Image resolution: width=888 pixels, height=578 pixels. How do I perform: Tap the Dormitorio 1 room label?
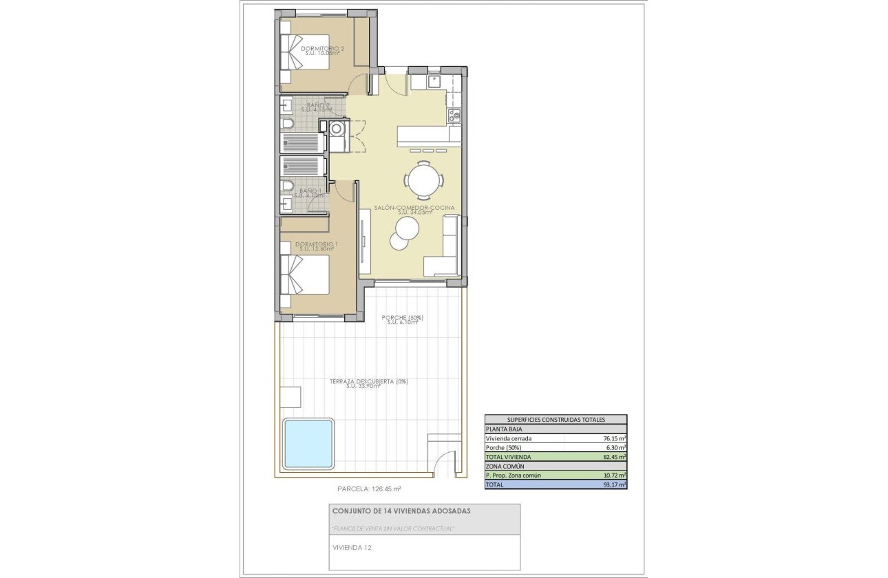[x=316, y=245]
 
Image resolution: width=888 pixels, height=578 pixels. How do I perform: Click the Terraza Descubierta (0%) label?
[x=368, y=381]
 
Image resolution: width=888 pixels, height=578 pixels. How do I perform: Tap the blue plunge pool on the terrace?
[x=308, y=443]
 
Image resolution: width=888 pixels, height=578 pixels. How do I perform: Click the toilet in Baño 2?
[x=288, y=124]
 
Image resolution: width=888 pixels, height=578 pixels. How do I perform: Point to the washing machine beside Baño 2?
[x=337, y=129]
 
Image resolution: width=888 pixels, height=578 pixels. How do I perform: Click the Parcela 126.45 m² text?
[x=369, y=489]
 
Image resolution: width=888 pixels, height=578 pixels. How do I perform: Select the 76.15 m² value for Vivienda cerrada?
[x=614, y=438]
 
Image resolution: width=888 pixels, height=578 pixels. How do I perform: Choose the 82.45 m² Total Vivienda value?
[x=614, y=456]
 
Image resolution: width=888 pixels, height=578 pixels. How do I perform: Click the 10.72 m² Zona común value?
[x=614, y=475]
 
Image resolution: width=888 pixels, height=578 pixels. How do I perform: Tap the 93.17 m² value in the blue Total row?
[x=614, y=484]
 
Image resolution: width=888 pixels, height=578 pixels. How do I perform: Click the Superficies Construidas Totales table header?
[x=556, y=419]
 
